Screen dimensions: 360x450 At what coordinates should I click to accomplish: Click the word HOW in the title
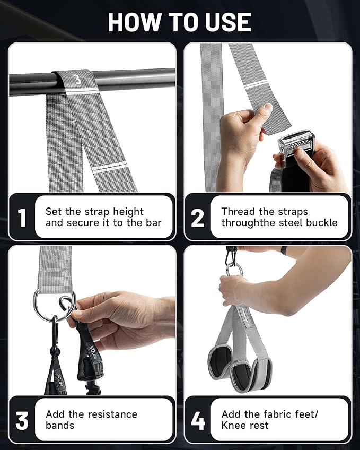[134, 22]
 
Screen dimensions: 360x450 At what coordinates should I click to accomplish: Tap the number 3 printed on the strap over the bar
[77, 80]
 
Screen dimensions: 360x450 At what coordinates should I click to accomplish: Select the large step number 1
[22, 218]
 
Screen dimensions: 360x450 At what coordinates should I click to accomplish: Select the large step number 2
[198, 218]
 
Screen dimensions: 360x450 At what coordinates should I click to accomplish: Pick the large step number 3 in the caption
[22, 420]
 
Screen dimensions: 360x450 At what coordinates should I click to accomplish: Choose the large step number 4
[198, 420]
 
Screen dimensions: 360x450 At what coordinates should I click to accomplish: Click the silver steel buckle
[296, 143]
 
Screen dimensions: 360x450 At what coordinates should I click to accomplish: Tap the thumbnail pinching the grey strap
[269, 107]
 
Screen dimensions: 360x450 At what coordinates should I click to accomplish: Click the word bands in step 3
[59, 425]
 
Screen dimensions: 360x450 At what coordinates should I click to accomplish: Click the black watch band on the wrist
[284, 250]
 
